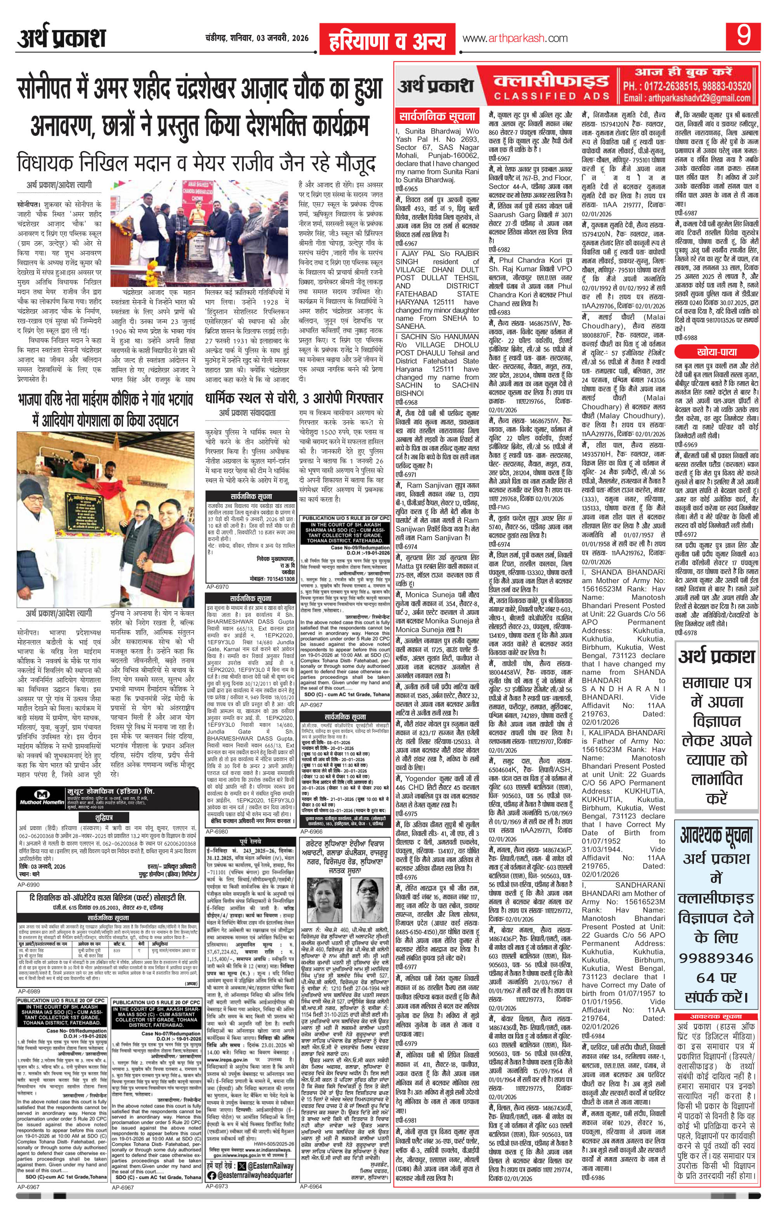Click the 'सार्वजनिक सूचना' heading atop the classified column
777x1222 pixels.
coord(437,115)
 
